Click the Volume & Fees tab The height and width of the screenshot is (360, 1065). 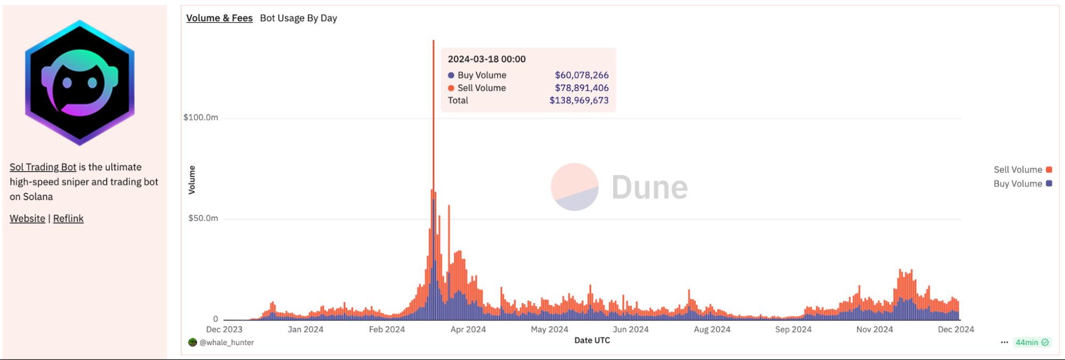(x=219, y=18)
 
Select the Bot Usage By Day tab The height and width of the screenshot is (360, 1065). (x=298, y=18)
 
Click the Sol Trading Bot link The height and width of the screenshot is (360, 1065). (x=43, y=167)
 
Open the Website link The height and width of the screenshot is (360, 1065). (x=27, y=219)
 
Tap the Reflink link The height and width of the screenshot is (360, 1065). (x=68, y=219)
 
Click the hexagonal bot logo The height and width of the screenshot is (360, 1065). (x=80, y=83)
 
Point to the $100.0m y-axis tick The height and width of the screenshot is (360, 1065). (x=200, y=118)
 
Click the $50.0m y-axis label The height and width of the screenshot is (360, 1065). (x=203, y=218)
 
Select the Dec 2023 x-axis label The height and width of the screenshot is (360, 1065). (x=224, y=330)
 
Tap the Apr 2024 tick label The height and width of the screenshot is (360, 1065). (x=468, y=330)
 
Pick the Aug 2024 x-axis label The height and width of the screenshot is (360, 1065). (x=712, y=330)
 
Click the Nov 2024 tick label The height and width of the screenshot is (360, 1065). (x=874, y=330)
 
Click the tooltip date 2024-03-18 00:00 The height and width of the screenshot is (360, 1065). (x=486, y=59)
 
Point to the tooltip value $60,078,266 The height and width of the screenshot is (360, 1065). (x=581, y=75)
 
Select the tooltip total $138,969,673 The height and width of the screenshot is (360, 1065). (x=579, y=101)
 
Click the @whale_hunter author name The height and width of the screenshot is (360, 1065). (x=226, y=342)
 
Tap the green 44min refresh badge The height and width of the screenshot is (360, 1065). (x=1031, y=342)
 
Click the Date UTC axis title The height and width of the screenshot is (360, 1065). (x=592, y=340)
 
